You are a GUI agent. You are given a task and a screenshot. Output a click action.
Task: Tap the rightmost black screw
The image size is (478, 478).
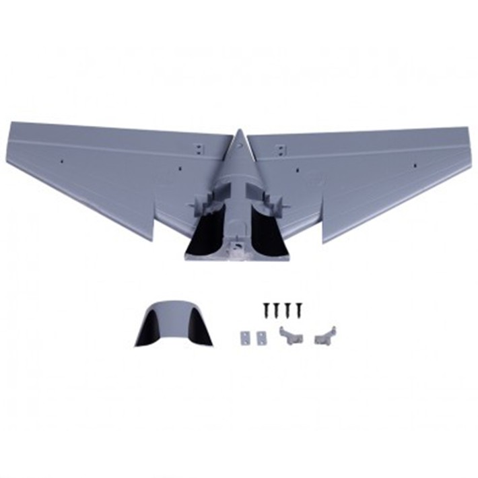tap(298, 308)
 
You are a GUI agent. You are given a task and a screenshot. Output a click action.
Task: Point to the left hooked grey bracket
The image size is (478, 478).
tap(290, 335)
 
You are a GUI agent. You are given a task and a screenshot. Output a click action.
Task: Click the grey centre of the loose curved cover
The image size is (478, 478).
tap(174, 321)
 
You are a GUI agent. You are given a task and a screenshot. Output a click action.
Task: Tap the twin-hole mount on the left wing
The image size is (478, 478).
tap(199, 146)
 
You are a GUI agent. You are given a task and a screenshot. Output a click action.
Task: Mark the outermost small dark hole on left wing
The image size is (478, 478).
tap(60, 162)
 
